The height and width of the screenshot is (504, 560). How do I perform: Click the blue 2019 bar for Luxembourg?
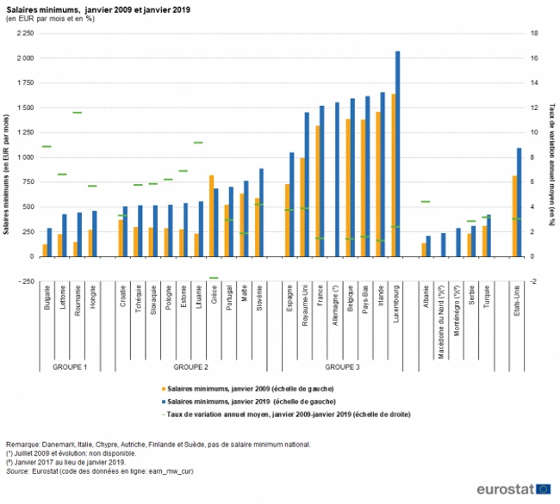click(x=398, y=155)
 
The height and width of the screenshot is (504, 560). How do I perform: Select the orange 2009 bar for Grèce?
click(x=212, y=215)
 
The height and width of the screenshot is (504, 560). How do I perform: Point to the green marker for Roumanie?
click(x=77, y=113)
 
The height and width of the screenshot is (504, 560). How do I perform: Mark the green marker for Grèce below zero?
click(x=214, y=278)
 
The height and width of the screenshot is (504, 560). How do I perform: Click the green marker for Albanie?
click(x=426, y=201)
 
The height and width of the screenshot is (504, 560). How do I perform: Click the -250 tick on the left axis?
click(x=31, y=281)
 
